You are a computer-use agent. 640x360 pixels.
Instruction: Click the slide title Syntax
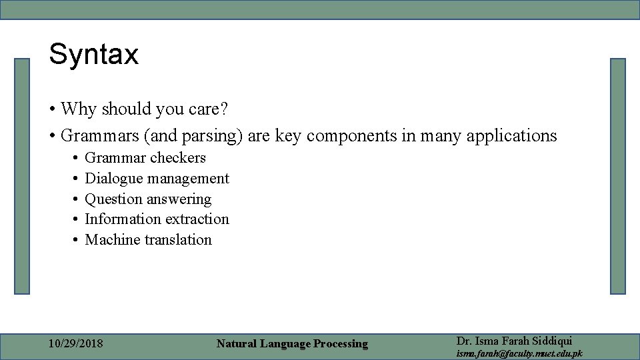93,54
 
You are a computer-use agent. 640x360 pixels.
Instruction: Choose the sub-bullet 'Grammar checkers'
145,158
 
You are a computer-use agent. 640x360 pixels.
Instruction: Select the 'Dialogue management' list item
157,179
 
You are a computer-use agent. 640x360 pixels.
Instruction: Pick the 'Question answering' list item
148,199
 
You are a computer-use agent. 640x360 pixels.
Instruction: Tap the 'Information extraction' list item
157,219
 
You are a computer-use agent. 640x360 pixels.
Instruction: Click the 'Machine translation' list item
148,240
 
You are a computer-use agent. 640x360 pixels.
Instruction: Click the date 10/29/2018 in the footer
76,344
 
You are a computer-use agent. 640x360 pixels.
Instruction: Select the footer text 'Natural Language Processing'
292,344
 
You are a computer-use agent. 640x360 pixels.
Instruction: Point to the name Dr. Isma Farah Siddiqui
514,340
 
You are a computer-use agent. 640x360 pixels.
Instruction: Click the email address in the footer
519,353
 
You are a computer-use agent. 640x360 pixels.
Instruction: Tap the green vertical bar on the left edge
23,176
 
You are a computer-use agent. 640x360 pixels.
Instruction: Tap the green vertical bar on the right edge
617,176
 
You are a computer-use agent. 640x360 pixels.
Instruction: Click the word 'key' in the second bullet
287,136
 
